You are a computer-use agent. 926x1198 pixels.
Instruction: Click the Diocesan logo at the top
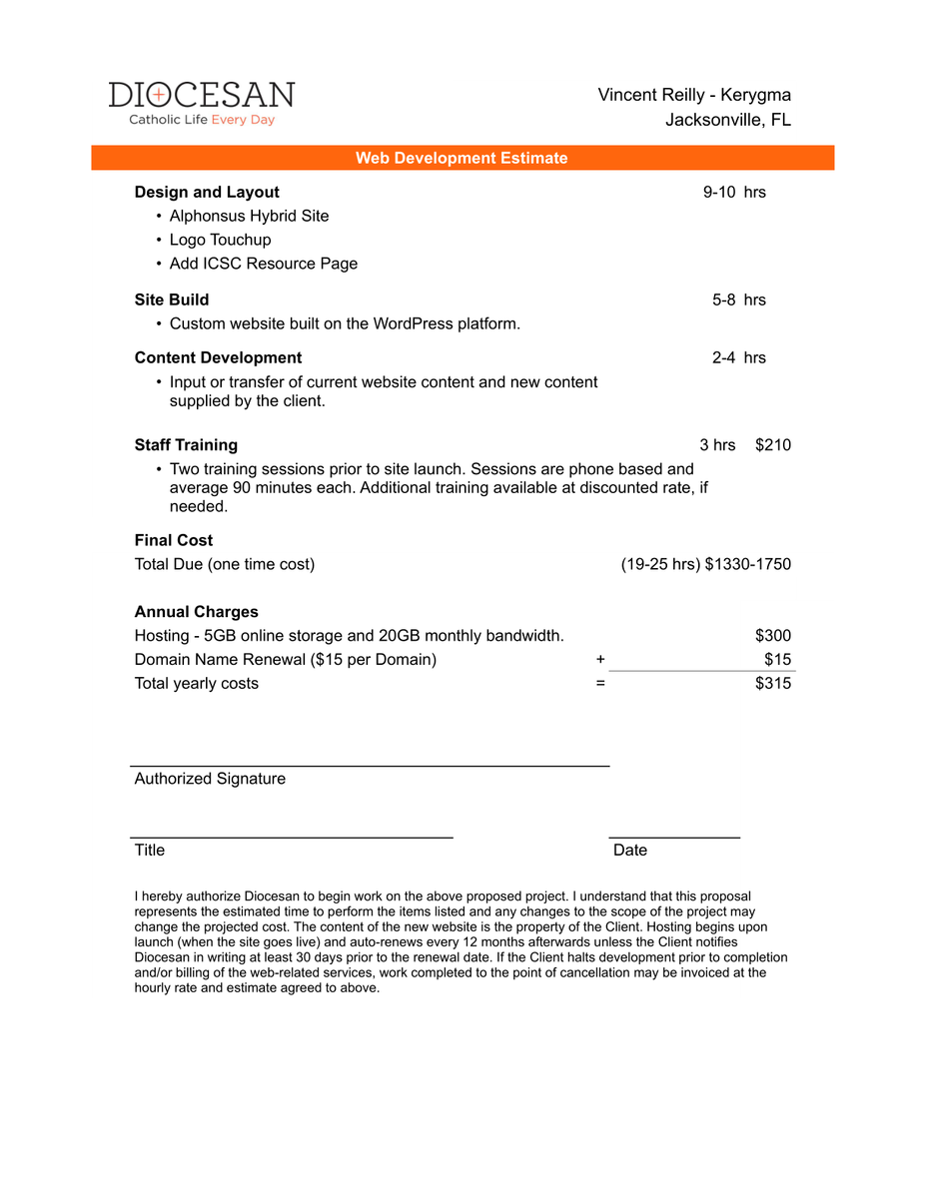(x=202, y=103)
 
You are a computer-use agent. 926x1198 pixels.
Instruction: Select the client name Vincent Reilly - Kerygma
(x=694, y=95)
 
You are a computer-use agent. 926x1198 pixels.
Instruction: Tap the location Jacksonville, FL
(x=728, y=121)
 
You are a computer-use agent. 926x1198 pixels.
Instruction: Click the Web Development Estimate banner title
(x=462, y=158)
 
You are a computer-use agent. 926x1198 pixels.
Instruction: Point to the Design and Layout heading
(x=207, y=193)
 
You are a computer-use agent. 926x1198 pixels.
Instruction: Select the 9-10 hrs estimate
(x=734, y=193)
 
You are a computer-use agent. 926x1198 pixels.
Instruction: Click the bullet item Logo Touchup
(x=220, y=240)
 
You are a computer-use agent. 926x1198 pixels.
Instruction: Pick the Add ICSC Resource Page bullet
(x=263, y=264)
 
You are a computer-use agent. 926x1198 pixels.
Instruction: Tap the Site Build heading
(x=172, y=299)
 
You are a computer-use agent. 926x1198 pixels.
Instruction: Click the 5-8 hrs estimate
(x=738, y=299)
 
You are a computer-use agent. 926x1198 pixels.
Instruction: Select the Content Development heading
(x=218, y=357)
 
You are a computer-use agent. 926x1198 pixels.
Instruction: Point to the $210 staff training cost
(x=773, y=445)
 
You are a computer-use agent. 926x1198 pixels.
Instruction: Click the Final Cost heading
(x=174, y=540)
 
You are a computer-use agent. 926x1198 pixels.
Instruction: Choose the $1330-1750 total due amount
(x=747, y=564)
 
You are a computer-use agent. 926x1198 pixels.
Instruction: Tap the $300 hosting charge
(x=773, y=636)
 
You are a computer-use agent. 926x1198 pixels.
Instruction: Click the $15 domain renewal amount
(x=777, y=660)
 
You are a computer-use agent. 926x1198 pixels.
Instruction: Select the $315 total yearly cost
(x=773, y=684)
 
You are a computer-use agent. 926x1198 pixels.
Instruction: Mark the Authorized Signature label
(x=210, y=779)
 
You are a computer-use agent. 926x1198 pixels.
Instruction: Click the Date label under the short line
(x=630, y=851)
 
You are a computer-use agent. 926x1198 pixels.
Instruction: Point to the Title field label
(x=150, y=851)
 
